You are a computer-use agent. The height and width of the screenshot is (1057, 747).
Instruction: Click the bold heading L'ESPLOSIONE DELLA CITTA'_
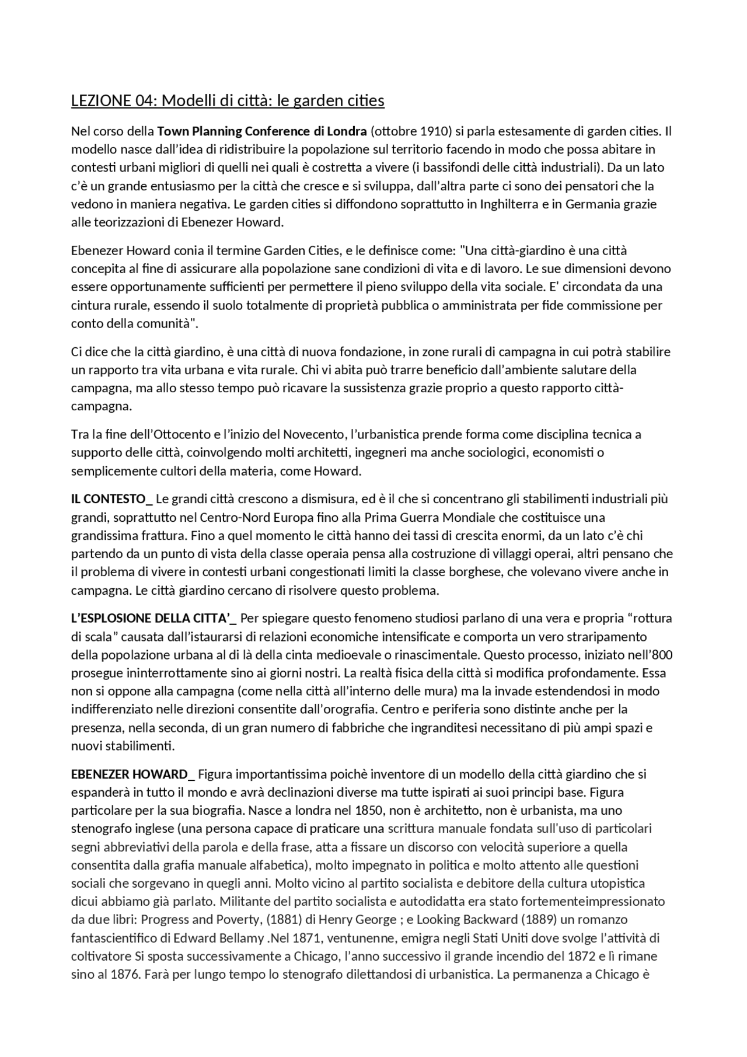point(153,618)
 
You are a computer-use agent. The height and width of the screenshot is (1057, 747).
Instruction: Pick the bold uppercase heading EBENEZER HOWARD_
point(133,775)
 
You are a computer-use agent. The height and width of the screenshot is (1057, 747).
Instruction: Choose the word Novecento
point(315,434)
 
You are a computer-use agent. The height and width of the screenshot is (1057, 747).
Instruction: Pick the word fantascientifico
point(122,939)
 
